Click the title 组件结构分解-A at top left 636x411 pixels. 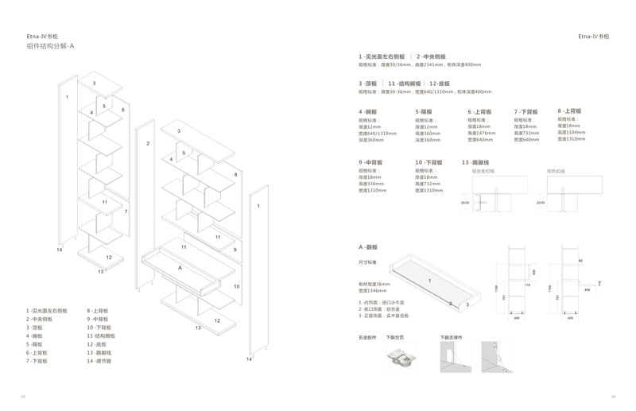coord(50,47)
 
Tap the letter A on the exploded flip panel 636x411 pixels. coord(180,268)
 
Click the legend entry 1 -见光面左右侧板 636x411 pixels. coord(47,311)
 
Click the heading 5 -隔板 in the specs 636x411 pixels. coord(424,112)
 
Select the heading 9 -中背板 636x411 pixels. coord(370,162)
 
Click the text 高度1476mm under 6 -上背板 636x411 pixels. coord(483,133)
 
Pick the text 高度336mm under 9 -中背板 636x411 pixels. coord(372,184)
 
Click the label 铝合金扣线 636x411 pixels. coord(483,170)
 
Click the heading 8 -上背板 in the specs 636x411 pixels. coord(570,111)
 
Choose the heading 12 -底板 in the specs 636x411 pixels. coord(439,83)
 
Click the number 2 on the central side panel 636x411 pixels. coord(148,145)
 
